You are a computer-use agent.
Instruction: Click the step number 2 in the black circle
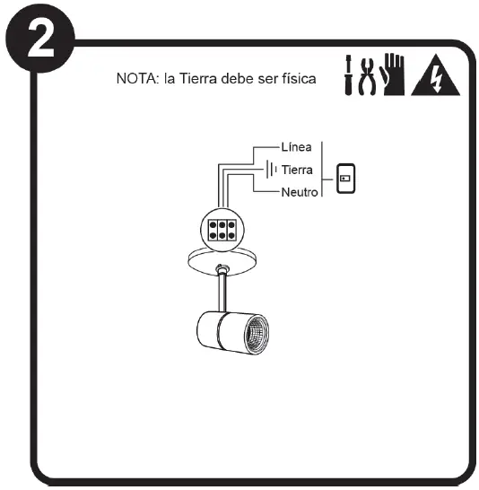click(41, 40)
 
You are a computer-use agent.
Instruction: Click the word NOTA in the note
click(137, 78)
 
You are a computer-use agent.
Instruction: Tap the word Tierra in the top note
click(198, 78)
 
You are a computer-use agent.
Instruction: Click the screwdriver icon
click(348, 75)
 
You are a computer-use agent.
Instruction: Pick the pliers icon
click(367, 76)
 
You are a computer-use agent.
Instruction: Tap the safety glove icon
click(392, 74)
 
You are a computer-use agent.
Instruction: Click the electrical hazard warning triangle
click(436, 75)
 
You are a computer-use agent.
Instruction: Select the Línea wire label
click(296, 147)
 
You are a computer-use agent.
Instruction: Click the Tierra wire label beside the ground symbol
click(297, 170)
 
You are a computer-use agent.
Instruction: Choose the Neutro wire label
click(300, 192)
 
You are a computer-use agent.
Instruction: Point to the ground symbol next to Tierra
click(272, 170)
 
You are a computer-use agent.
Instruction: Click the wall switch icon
click(345, 179)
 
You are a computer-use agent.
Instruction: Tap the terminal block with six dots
click(222, 230)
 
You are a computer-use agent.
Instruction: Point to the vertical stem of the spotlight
click(222, 293)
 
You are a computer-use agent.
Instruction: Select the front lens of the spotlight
click(257, 336)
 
